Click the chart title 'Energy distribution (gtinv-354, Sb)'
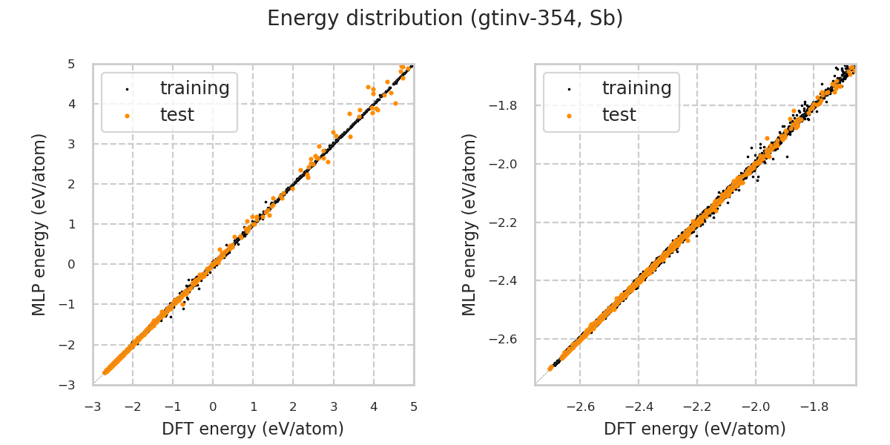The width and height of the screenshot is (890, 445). [445, 19]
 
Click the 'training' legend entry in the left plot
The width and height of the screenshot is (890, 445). [194, 88]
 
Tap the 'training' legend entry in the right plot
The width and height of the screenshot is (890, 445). [636, 88]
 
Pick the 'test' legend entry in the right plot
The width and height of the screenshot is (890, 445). [619, 115]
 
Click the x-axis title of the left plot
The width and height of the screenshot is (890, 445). [253, 429]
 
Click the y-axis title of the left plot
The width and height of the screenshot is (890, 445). [39, 224]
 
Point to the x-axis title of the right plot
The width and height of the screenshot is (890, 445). [695, 429]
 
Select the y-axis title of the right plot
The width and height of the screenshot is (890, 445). [469, 224]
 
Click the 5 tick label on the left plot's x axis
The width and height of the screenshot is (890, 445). [414, 406]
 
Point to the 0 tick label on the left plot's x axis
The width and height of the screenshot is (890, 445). [213, 406]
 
